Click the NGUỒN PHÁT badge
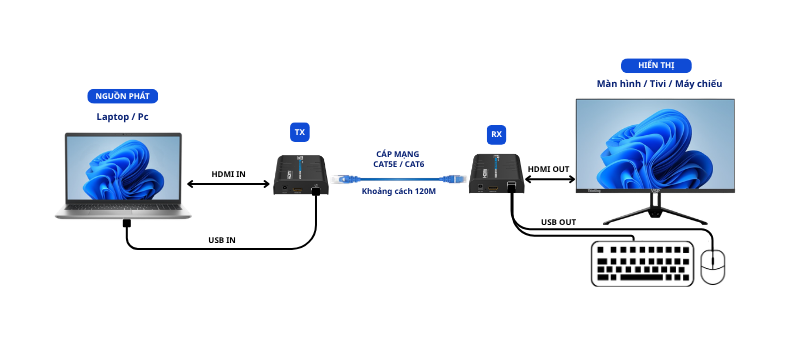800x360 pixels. tap(122, 96)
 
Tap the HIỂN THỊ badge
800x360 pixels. tap(656, 66)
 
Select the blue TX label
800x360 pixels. tap(300, 133)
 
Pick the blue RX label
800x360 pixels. tap(496, 135)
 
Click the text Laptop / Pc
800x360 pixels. tap(122, 117)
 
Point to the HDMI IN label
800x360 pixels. tap(229, 174)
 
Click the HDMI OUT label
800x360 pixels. tap(548, 169)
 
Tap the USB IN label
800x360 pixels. tap(222, 240)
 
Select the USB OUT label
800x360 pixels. tap(559, 222)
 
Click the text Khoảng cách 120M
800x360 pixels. tap(399, 192)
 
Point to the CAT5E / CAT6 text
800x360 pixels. tap(399, 164)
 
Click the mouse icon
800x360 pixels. tap(713, 267)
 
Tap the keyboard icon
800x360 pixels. tap(642, 264)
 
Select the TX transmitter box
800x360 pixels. tap(301, 175)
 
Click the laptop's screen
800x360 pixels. tap(123, 169)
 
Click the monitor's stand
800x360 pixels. tap(656, 209)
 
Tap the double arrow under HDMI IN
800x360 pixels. tap(228, 184)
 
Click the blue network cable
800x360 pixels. tap(399, 179)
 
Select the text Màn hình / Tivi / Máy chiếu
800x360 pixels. tap(660, 84)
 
